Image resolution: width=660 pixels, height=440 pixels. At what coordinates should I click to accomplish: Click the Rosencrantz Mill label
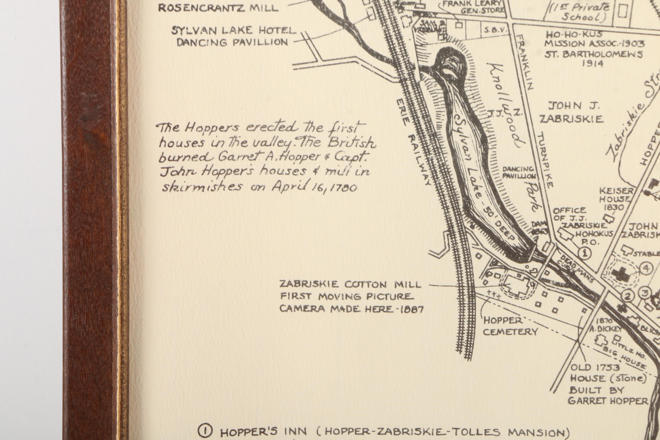point(218,8)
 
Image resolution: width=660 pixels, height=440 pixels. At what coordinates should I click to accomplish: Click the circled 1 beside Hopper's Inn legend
point(205,431)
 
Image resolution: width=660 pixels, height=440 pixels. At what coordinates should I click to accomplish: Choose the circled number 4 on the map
point(646,268)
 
